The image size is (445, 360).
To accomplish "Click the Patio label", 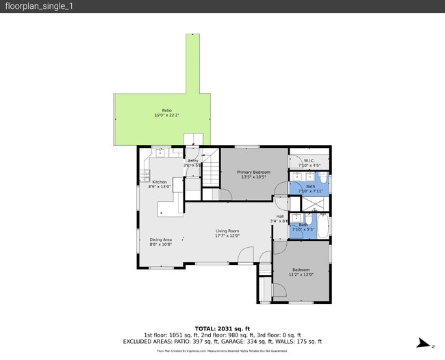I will click(166, 110).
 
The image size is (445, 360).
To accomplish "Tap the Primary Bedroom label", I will click(253, 172).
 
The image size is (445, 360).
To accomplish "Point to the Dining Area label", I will click(161, 240).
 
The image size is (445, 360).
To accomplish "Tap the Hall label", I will click(280, 216).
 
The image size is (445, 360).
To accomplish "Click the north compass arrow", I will click(424, 344).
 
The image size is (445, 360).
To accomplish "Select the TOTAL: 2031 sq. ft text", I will click(222, 328).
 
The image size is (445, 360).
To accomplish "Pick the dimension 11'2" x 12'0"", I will click(301, 274).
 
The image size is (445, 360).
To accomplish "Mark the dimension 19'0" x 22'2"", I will click(166, 116).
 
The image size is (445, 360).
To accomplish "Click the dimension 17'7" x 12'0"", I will click(227, 237).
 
